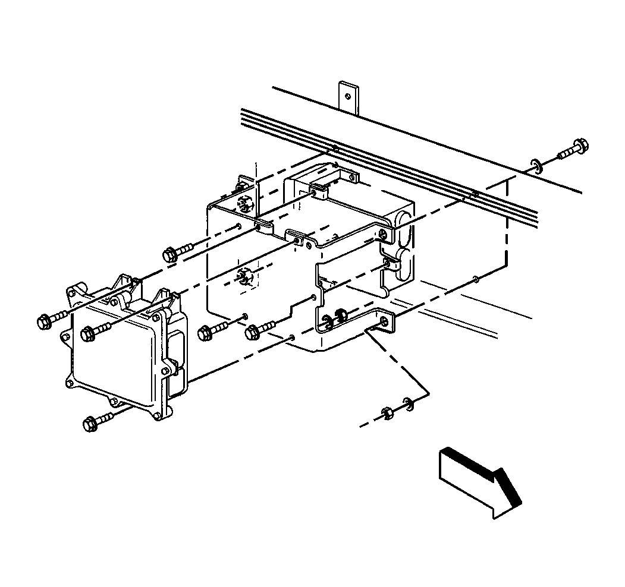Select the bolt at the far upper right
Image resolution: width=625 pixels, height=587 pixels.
571,151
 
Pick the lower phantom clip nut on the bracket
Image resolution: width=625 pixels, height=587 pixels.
243,276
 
